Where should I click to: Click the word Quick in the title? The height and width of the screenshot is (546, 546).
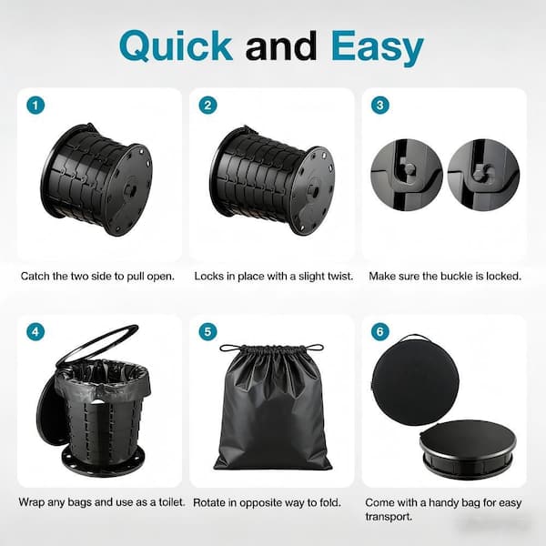click(176, 46)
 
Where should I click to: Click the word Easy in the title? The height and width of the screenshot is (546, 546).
click(377, 47)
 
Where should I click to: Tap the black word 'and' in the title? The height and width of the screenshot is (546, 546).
click(281, 46)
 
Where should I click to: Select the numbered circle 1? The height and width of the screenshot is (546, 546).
click(35, 105)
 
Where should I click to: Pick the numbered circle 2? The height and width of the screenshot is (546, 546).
click(207, 105)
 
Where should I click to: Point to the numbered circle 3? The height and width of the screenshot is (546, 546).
click(379, 105)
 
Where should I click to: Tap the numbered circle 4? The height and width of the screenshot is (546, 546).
click(35, 331)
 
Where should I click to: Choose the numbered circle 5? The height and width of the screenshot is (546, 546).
click(207, 331)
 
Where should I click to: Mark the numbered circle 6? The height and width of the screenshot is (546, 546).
click(379, 331)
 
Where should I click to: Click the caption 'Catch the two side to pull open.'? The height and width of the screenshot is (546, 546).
click(97, 277)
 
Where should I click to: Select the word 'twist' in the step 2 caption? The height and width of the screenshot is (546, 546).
click(339, 277)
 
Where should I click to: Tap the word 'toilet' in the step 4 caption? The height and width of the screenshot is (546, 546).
click(171, 502)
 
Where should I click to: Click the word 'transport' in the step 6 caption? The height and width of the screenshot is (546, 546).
click(389, 517)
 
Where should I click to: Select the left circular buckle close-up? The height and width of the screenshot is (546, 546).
click(407, 175)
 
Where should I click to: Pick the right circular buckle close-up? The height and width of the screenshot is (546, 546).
click(483, 175)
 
